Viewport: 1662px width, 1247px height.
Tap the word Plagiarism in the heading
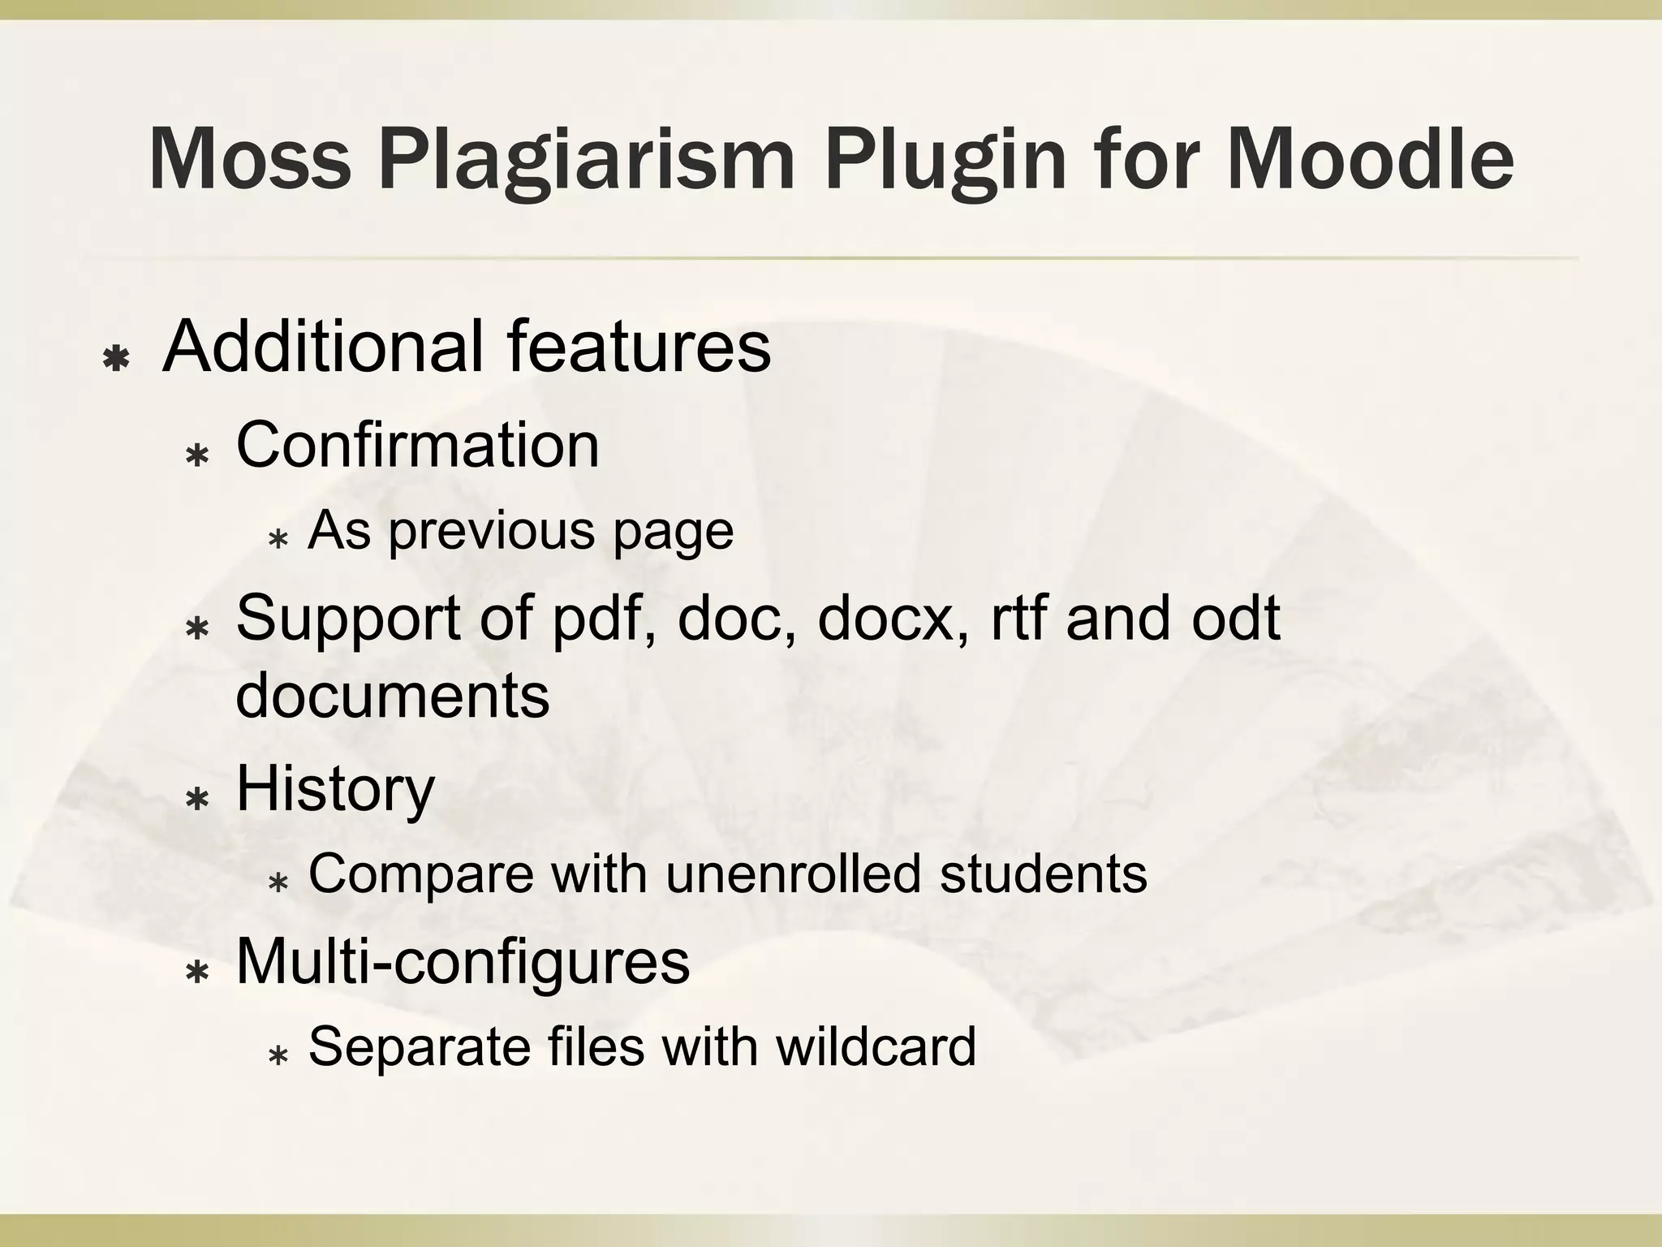tap(587, 160)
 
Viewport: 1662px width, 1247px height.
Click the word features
tap(639, 347)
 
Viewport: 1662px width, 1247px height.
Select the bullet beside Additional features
tap(118, 358)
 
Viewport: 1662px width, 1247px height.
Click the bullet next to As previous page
tap(278, 538)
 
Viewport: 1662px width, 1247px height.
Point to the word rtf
tap(1018, 617)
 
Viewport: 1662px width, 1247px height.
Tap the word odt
tap(1234, 617)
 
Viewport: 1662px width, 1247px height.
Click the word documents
tap(392, 695)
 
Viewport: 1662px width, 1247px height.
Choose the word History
tap(335, 788)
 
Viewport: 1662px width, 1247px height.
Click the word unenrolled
tap(793, 874)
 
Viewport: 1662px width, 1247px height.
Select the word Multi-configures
tap(463, 961)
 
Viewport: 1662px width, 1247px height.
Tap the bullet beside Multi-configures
tap(197, 972)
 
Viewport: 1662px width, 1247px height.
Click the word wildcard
tap(876, 1046)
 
